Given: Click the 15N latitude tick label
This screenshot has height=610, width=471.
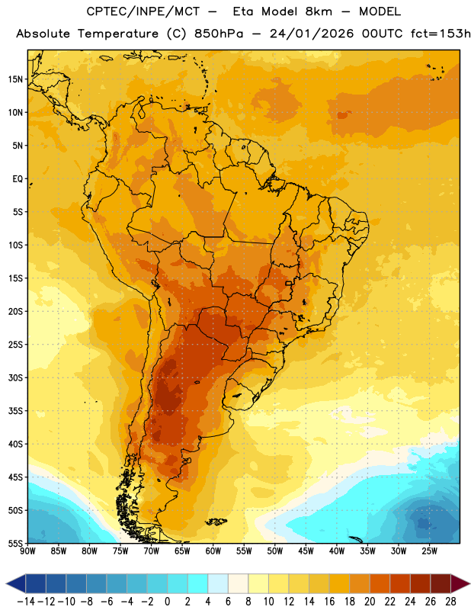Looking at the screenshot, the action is coord(15,79).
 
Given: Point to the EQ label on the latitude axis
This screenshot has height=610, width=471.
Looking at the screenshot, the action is coord(18,179).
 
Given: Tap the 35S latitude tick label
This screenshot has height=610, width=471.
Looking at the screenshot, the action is coord(15,411).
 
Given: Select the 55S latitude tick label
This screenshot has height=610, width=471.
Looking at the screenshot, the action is coord(15,543).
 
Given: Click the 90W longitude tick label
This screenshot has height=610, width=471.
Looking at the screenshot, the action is coord(27,551).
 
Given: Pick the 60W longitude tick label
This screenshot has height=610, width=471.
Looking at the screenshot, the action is coord(213,551).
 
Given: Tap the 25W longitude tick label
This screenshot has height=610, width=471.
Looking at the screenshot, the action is coord(429,551).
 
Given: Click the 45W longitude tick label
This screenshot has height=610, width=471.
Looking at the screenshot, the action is coord(306,551).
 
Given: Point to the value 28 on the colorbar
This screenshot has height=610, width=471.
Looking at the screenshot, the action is coord(450,602).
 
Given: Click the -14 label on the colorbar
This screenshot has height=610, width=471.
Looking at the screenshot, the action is coord(26,602).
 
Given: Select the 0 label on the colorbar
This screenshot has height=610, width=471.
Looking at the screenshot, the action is coord(167,602).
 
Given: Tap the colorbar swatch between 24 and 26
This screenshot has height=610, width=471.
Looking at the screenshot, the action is coord(421,583).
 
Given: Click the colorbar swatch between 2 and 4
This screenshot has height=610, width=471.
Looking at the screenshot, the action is coord(197,583).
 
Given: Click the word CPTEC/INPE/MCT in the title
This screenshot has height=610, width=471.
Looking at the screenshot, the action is coord(143,11).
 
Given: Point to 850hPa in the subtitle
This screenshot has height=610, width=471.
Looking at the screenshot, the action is coord(219,34).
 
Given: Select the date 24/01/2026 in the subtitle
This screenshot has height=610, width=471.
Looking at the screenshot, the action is coord(312,34).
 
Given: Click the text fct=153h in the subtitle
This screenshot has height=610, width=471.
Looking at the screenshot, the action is coord(441,34).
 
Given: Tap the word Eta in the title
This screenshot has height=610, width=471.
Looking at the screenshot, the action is coord(243,11).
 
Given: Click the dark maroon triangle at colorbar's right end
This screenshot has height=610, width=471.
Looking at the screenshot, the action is coord(460,583).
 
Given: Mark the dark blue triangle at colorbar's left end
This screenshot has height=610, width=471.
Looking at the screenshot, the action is coord(16,583).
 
